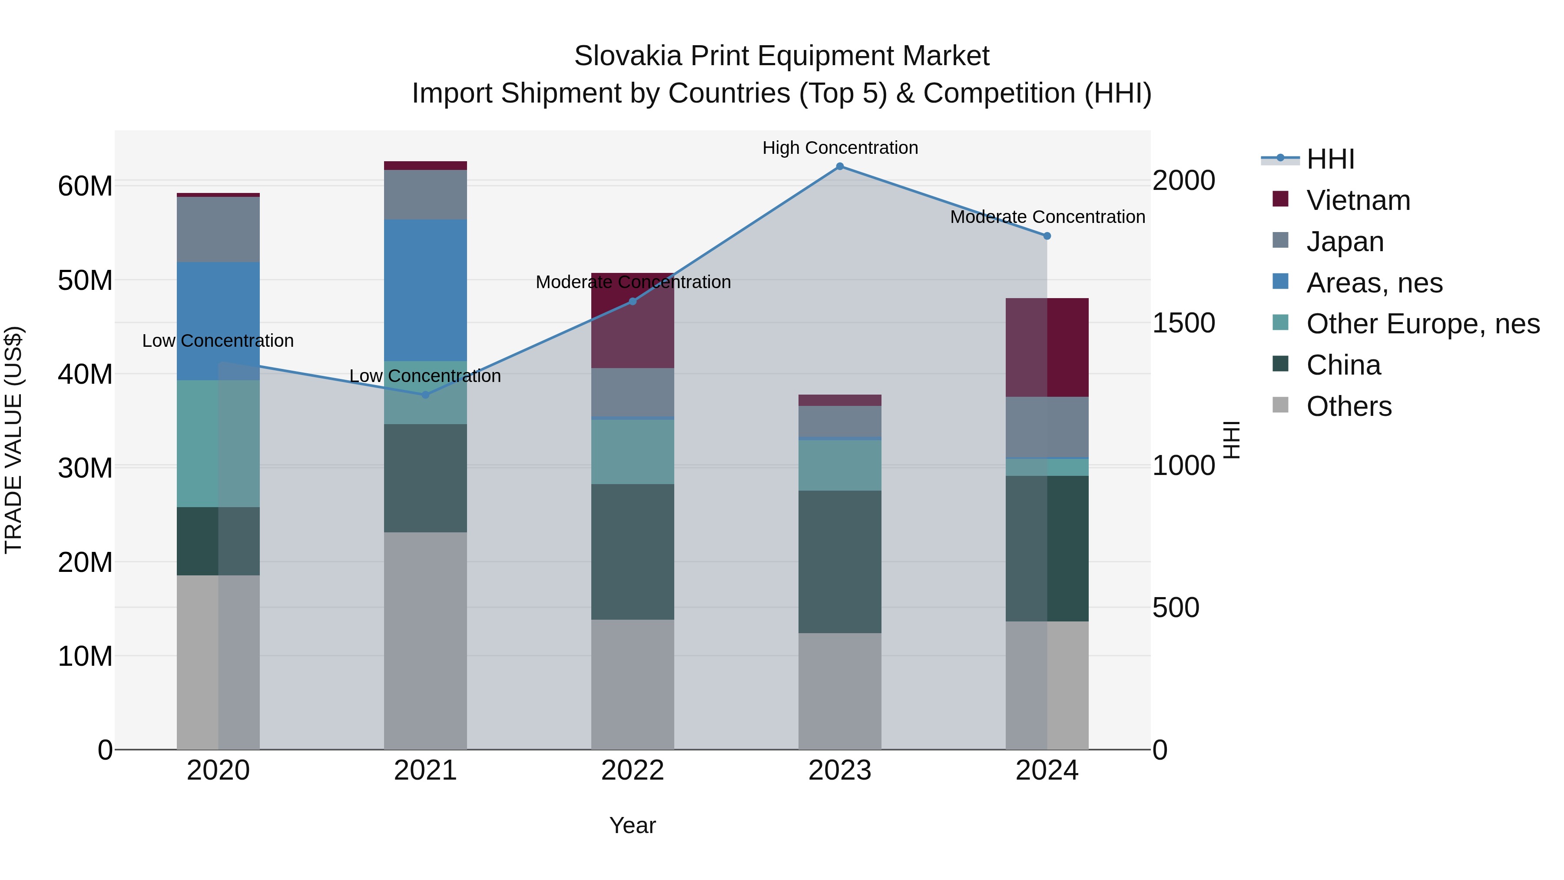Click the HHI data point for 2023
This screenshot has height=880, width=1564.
point(840,166)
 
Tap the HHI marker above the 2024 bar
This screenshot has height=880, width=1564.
point(1047,236)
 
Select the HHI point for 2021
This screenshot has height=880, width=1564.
point(425,395)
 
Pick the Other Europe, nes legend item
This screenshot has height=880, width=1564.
point(1422,324)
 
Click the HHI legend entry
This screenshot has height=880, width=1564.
point(1330,159)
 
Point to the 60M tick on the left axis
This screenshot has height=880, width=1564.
point(85,186)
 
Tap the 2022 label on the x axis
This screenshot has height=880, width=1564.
point(633,770)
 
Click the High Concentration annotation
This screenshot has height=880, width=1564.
point(840,148)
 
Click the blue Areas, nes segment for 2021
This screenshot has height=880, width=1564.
point(425,290)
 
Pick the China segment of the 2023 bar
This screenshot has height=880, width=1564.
point(840,562)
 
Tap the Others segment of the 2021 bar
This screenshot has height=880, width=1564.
point(425,641)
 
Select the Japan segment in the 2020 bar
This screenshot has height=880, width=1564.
point(218,229)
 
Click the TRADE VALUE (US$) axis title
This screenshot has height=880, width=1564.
point(13,440)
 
